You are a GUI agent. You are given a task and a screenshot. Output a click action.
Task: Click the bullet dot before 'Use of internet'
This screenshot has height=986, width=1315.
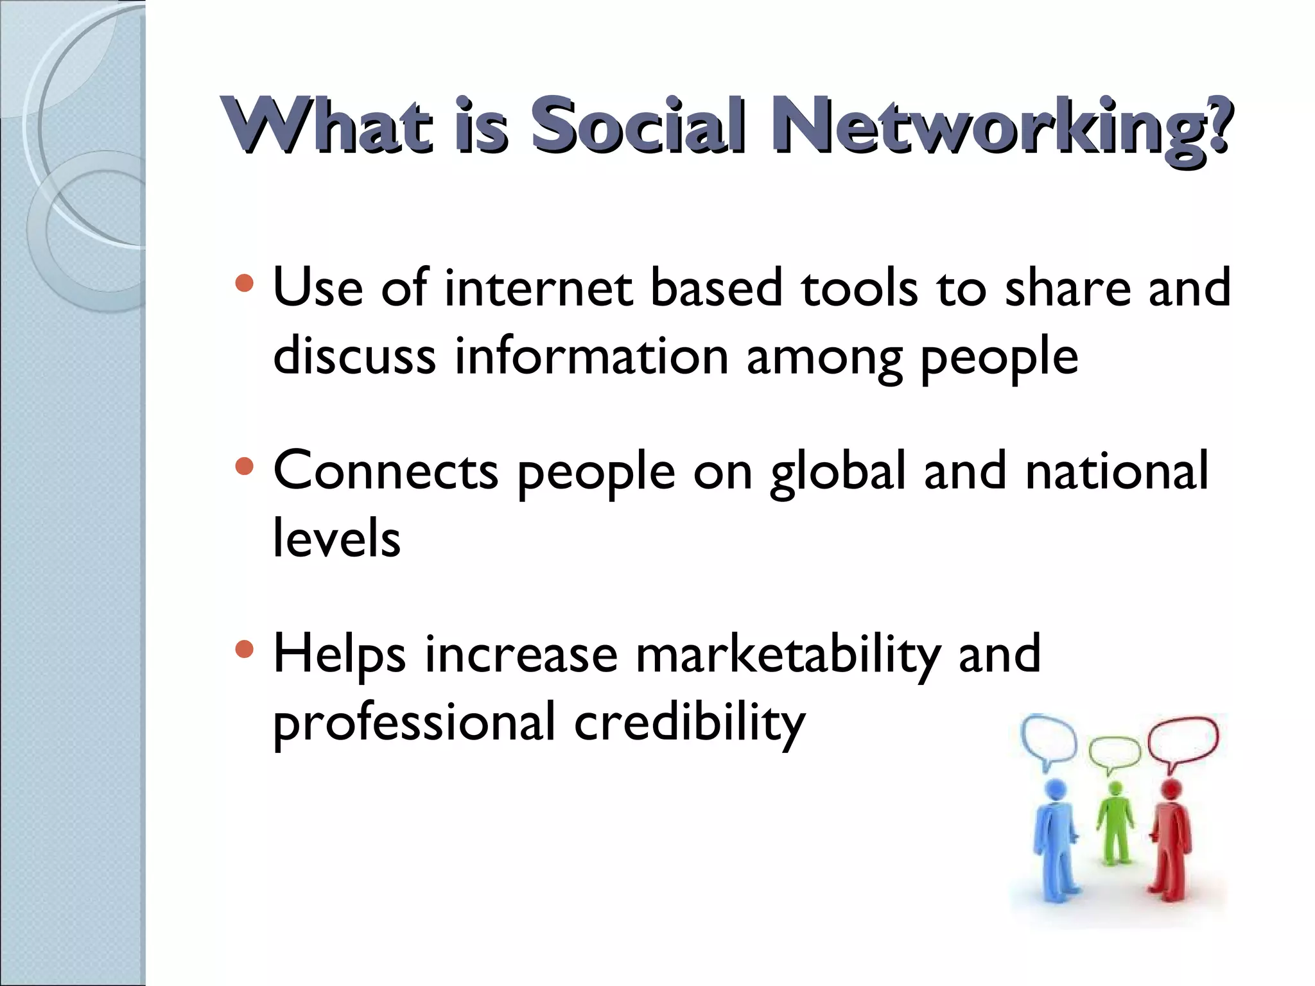[x=245, y=283]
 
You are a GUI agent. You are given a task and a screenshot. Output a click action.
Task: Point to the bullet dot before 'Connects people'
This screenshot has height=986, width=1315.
[x=245, y=466]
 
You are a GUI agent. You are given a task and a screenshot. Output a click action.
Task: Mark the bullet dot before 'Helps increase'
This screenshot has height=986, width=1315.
[x=245, y=650]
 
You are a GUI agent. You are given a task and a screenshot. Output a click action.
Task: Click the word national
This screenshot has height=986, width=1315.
[x=1117, y=471]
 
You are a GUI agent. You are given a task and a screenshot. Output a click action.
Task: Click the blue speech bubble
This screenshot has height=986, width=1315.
[x=1049, y=739]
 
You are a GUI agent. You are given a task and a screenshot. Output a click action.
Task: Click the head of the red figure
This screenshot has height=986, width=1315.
[x=1172, y=788]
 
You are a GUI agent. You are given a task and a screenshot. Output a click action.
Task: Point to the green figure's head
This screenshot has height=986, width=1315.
[x=1116, y=789]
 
